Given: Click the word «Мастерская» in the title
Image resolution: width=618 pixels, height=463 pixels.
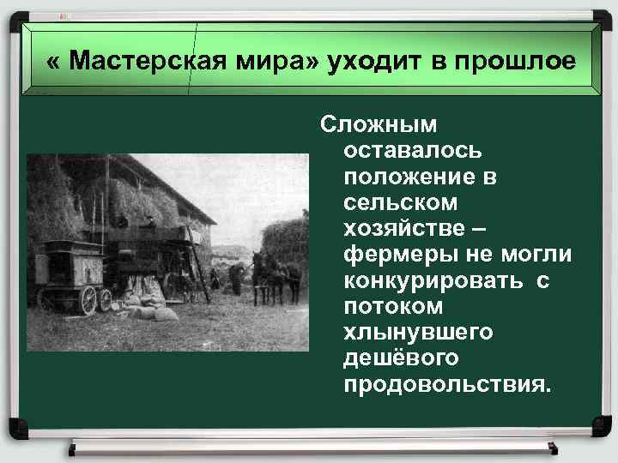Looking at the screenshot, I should pos(140,62).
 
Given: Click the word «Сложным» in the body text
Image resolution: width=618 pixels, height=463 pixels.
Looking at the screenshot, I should pos(378,125).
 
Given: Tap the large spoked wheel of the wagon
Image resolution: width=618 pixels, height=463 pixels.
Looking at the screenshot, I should pos(88,299).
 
